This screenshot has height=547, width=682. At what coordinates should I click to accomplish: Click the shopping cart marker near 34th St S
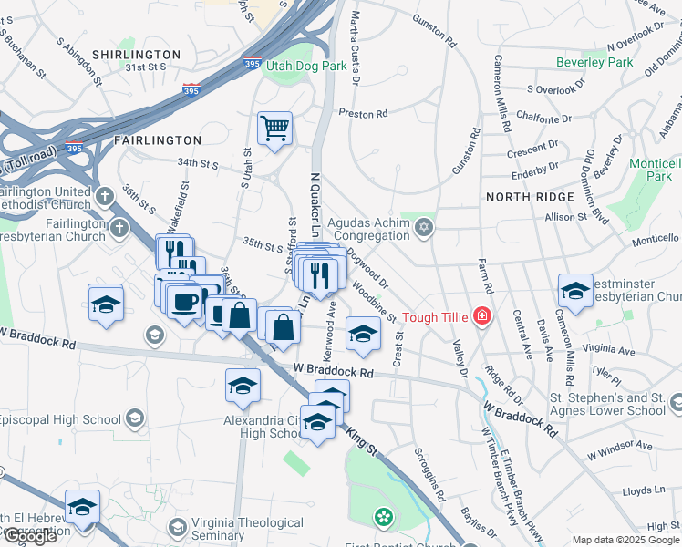click(274, 128)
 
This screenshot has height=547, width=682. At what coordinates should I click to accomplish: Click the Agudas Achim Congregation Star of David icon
click(423, 227)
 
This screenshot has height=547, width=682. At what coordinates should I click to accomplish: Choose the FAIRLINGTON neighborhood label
click(157, 140)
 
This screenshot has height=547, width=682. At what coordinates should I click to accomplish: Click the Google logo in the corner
click(30, 536)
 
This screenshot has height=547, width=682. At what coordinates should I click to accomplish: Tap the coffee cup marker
click(185, 301)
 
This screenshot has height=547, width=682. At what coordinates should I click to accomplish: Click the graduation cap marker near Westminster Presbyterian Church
click(575, 291)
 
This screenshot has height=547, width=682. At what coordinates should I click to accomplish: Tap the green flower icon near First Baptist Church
click(384, 518)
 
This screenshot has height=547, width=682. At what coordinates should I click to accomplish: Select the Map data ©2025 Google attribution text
click(625, 540)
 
